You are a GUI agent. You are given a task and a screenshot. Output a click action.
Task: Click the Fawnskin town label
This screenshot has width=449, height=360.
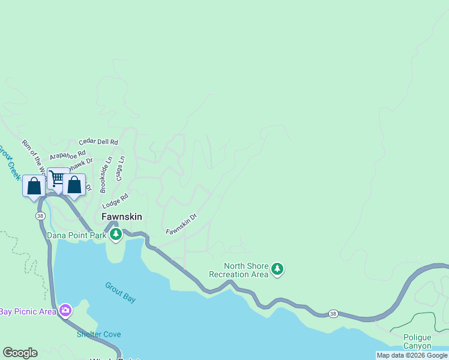click(x=121, y=217)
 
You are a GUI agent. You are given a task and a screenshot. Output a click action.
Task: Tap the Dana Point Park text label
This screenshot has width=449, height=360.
click(x=77, y=235)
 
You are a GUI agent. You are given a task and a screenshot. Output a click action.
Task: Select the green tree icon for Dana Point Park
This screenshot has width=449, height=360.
click(x=115, y=235)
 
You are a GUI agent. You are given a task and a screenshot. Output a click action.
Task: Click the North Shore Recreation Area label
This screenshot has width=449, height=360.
click(x=238, y=270)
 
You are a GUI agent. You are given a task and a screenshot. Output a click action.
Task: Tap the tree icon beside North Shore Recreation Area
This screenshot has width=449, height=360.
click(x=277, y=269)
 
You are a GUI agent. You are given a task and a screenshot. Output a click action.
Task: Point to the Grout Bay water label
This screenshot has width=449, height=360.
click(x=121, y=292)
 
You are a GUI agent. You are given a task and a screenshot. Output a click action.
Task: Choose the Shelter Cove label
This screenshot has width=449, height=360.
click(x=98, y=334)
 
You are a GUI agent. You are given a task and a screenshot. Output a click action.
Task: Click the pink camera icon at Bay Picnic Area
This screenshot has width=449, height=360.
click(x=65, y=310)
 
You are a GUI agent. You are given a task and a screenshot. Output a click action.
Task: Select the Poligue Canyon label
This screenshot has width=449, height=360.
click(x=417, y=341)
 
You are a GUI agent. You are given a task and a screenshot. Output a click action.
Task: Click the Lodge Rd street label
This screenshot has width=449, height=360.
click(x=115, y=200)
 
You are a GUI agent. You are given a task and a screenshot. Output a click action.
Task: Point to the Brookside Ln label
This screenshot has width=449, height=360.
click(x=106, y=175)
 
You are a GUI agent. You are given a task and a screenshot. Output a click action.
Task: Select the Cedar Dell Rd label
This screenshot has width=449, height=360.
click(x=98, y=142)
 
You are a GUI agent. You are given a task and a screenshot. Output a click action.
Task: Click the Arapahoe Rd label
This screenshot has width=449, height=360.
click(x=67, y=155)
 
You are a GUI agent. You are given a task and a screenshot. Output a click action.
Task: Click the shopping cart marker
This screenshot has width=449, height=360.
click(x=58, y=178)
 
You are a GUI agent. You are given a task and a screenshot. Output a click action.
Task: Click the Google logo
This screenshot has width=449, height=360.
click(x=20, y=353)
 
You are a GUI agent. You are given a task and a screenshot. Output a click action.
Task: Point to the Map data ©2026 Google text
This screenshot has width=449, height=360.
click(x=412, y=355)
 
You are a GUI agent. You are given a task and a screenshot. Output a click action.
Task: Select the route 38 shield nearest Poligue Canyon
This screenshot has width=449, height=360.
click(x=332, y=314)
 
